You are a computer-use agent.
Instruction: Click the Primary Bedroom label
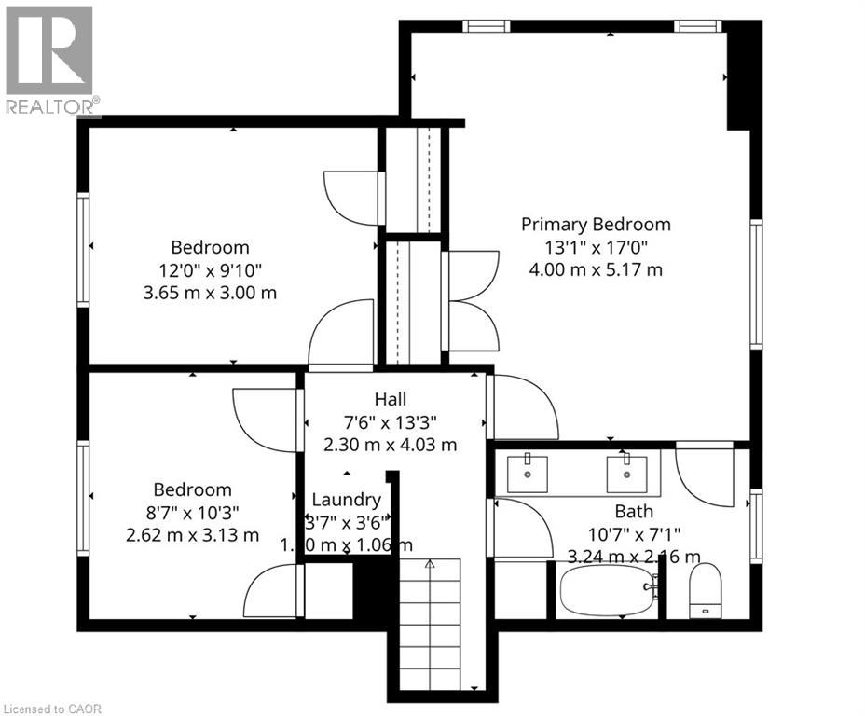click(596, 224)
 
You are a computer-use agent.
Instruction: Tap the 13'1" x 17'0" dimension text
click(596, 247)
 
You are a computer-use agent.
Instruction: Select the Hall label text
click(391, 399)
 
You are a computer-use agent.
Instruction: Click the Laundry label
click(346, 499)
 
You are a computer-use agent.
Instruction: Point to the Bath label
click(633, 511)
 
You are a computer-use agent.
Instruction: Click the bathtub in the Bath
click(607, 590)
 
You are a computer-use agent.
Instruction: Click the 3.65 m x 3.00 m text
click(210, 293)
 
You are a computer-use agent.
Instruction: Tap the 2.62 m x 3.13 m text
click(192, 534)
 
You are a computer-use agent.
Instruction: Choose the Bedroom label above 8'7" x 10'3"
click(192, 489)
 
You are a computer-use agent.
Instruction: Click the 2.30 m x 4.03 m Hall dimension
click(391, 445)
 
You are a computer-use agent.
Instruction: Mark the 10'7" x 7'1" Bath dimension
click(633, 534)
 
